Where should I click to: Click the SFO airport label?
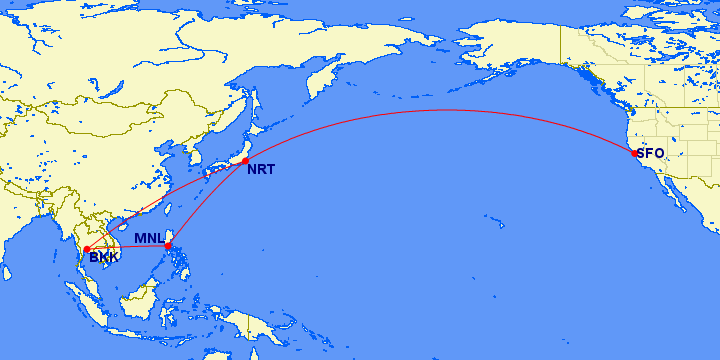pyautogui.click(x=651, y=153)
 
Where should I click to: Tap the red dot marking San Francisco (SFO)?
pyautogui.click(x=634, y=153)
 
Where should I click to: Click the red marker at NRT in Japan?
pyautogui.click(x=244, y=159)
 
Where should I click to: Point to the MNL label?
pyautogui.click(x=148, y=237)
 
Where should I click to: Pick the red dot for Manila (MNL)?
pyautogui.click(x=168, y=245)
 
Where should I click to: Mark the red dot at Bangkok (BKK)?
pyautogui.click(x=87, y=249)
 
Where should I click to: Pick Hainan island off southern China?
pyautogui.click(x=121, y=226)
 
